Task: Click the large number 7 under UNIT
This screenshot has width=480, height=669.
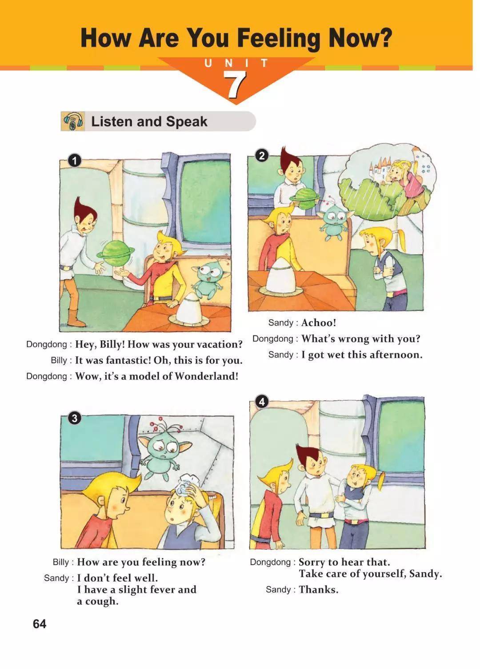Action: pyautogui.click(x=235, y=85)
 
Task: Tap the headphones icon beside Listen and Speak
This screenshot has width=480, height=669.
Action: pyautogui.click(x=73, y=121)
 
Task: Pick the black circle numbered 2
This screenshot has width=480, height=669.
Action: pyautogui.click(x=262, y=156)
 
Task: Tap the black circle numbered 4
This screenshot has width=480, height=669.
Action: pyautogui.click(x=262, y=402)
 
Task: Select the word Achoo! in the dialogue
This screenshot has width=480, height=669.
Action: pyautogui.click(x=319, y=322)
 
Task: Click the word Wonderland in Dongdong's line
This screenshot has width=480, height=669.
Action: pyautogui.click(x=206, y=376)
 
